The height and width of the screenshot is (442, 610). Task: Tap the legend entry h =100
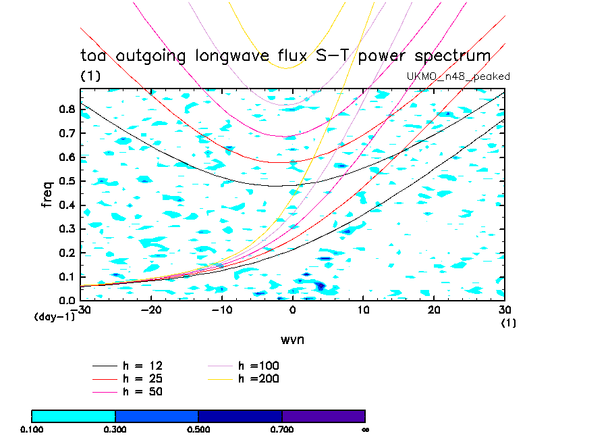click(258, 366)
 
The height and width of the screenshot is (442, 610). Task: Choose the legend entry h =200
click(258, 379)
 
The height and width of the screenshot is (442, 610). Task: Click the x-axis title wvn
click(292, 339)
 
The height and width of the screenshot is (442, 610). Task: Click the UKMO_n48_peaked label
click(458, 76)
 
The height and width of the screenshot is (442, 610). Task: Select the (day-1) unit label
click(54, 316)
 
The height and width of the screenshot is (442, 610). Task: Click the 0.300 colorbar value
click(115, 429)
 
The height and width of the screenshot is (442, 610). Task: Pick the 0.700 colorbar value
click(282, 429)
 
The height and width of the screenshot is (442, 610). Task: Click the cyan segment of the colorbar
click(74, 416)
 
